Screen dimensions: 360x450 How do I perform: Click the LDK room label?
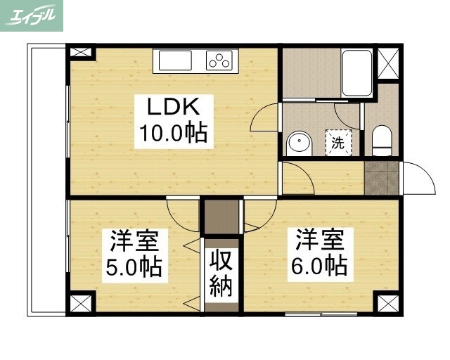(174, 108)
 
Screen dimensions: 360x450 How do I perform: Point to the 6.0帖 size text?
(320, 265)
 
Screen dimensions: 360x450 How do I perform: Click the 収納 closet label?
(221, 274)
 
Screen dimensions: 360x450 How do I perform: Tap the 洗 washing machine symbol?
(337, 143)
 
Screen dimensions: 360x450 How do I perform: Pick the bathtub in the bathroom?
(356, 72)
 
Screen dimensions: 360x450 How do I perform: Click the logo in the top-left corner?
(32, 15)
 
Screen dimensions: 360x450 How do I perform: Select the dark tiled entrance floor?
(382, 178)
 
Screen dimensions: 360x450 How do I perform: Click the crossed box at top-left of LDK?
(80, 53)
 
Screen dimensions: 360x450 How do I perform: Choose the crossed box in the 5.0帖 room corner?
(80, 304)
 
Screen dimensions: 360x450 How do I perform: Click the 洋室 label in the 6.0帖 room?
(320, 240)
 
